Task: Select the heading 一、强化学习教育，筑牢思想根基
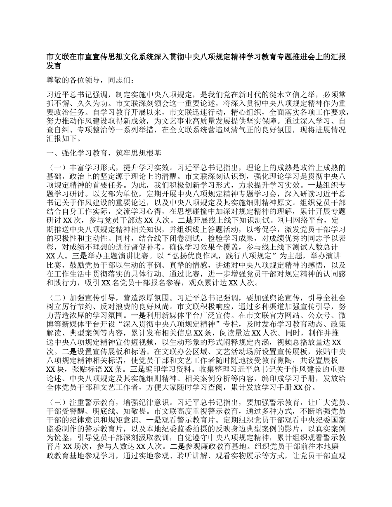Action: click(104, 153)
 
